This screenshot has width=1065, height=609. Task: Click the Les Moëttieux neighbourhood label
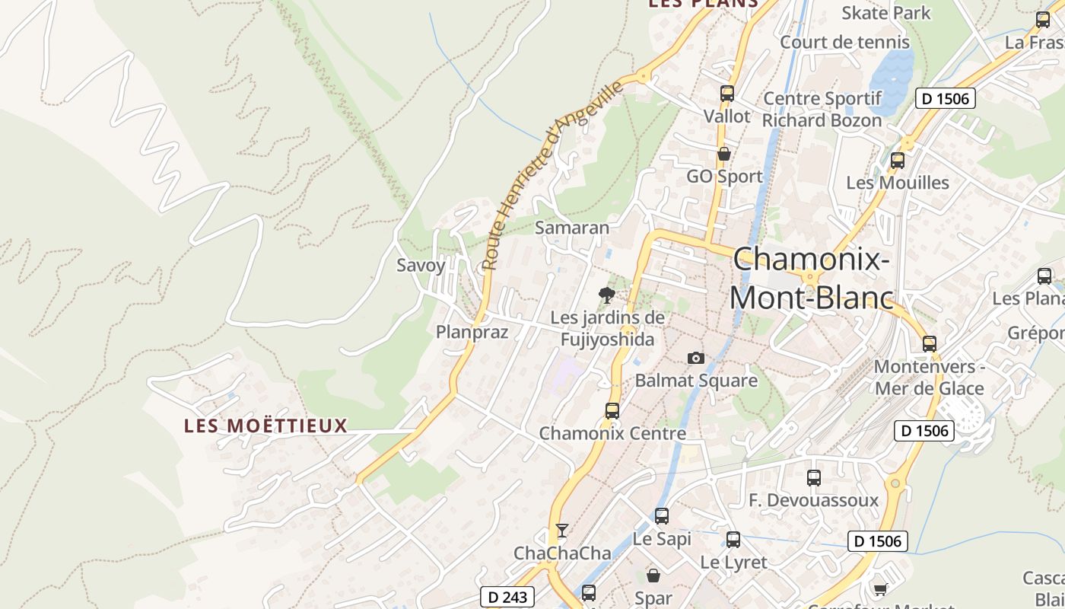(265, 426)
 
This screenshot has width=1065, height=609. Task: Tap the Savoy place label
(421, 266)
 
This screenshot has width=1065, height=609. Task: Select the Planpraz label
(472, 332)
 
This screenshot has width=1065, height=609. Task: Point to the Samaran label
(572, 228)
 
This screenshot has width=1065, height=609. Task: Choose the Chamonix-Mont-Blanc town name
(811, 279)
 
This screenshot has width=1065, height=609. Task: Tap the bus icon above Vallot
(726, 94)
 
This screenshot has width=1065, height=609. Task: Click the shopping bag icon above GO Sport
(724, 154)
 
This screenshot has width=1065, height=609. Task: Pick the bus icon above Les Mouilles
(898, 161)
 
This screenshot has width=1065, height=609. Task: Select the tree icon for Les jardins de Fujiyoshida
(606, 295)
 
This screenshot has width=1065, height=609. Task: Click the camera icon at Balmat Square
(695, 358)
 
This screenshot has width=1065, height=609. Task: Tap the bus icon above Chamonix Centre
(612, 411)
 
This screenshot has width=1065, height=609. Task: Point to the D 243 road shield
(507, 597)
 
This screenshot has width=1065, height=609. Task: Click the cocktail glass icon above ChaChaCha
(562, 530)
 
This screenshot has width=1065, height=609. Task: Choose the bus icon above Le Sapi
(662, 516)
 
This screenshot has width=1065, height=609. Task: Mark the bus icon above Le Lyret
(733, 540)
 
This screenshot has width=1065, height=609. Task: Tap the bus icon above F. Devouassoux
(814, 478)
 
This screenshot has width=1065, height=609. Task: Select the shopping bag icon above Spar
(653, 576)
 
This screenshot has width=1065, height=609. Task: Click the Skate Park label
(886, 13)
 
